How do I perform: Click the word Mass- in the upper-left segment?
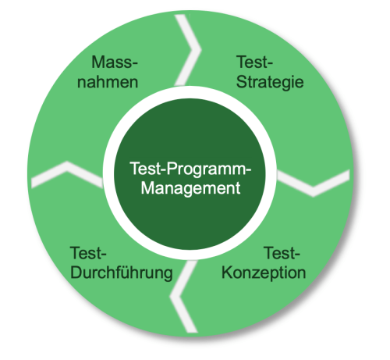[115, 62]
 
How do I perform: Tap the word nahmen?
[108, 82]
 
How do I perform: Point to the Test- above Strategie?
[254, 62]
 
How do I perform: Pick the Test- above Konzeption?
[282, 253]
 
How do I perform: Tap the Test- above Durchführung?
[88, 253]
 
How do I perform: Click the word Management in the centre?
[190, 188]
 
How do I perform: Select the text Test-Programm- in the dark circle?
[190, 169]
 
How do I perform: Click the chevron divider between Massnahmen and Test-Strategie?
[188, 50]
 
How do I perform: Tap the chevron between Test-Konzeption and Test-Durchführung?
[184, 297]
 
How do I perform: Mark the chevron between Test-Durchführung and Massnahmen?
[67, 174]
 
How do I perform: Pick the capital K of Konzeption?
[227, 273]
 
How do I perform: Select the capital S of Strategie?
[242, 82]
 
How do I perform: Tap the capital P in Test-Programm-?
[172, 168]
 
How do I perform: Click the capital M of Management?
[147, 187]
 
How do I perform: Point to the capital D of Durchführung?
[76, 273]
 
